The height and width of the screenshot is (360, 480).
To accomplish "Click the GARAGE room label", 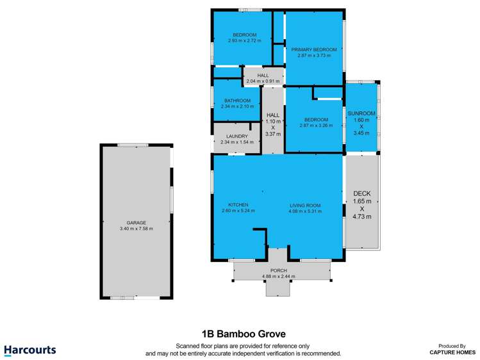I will point(136,223).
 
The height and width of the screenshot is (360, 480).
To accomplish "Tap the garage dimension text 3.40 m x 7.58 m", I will point(136,229).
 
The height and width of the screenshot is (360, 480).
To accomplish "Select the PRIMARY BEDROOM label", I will point(314,49).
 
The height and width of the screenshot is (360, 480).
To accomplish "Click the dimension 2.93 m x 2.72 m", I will point(244,40).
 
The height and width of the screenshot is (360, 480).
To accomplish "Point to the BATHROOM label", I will point(236,101).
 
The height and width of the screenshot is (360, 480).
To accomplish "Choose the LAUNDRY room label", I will point(236,136).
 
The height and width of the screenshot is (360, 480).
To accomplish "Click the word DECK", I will point(362,193).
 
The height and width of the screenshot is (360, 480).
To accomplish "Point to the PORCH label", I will point(279,270).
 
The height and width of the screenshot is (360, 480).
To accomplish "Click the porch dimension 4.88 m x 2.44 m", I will point(279,276).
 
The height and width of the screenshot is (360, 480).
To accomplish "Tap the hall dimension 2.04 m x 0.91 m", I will point(263,81).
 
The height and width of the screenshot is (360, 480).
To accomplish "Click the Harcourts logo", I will point(30,350).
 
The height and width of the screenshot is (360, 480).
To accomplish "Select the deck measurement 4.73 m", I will point(362,217).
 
